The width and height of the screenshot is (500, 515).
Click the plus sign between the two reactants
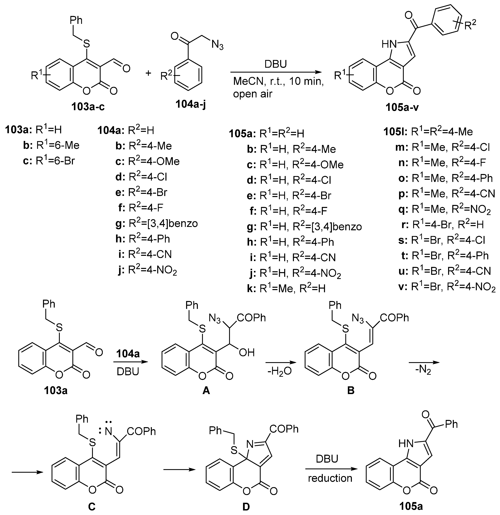[x=148, y=73]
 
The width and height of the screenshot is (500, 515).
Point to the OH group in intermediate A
[x=247, y=352]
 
